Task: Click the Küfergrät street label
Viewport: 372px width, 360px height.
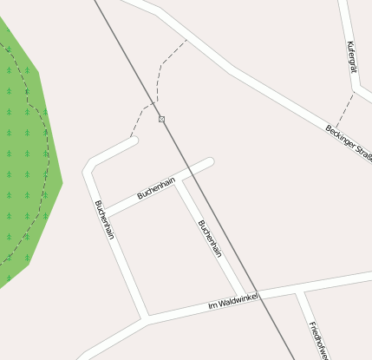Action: [350, 56]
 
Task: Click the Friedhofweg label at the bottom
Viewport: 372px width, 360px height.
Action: [318, 340]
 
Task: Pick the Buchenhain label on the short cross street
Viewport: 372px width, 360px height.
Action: [156, 188]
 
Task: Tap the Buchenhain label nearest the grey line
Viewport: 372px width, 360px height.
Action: [210, 239]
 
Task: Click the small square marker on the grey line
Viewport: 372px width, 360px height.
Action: [161, 119]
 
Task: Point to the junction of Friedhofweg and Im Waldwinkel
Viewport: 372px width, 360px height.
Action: [299, 292]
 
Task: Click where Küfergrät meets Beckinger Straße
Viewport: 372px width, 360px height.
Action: [356, 89]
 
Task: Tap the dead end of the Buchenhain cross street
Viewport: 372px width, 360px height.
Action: [210, 161]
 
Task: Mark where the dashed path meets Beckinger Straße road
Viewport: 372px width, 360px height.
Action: [186, 40]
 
